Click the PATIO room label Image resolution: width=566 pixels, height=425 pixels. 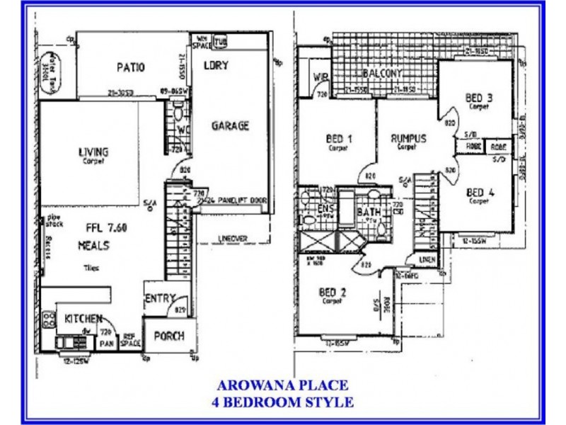point(130,68)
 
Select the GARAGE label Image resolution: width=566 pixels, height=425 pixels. point(231,126)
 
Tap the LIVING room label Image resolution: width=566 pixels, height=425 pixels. point(93,152)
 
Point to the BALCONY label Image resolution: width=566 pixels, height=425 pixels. point(382,74)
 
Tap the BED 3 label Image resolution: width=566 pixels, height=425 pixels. point(478,98)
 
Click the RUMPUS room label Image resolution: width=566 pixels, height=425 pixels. point(409,139)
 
